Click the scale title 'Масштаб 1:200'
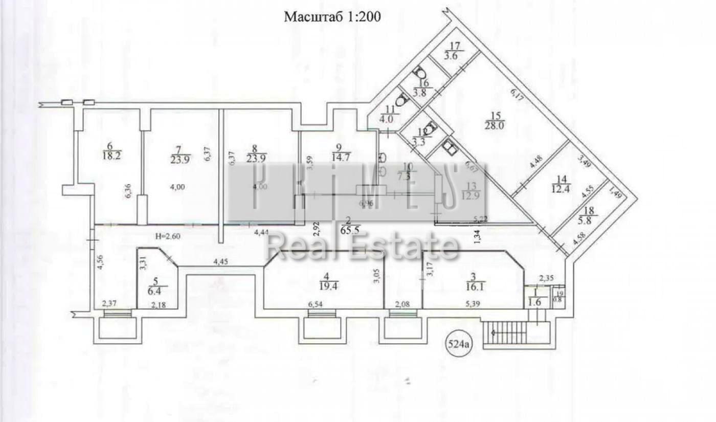tap(332, 17)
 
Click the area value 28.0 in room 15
tap(495, 125)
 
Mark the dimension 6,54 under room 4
tap(317, 305)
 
